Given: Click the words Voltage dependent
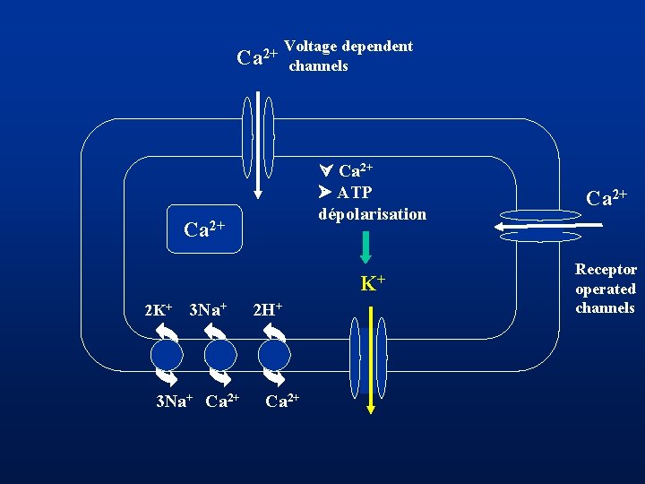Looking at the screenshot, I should [348, 47].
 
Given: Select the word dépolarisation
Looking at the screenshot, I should [372, 214].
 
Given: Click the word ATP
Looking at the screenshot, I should [355, 193].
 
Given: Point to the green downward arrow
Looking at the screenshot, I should [365, 247].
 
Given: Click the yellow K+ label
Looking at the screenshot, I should [373, 284].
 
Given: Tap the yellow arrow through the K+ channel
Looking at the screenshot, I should [371, 359].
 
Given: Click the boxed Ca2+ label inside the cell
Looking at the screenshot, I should [203, 229].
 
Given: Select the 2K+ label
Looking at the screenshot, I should [159, 310].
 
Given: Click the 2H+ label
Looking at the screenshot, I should [268, 310].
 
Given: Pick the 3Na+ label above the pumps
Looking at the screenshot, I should [208, 310].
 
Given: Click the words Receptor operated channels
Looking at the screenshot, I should [606, 289].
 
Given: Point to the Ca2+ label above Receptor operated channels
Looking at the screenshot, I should [606, 198].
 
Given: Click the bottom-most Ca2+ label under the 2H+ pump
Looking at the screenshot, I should [282, 400].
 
